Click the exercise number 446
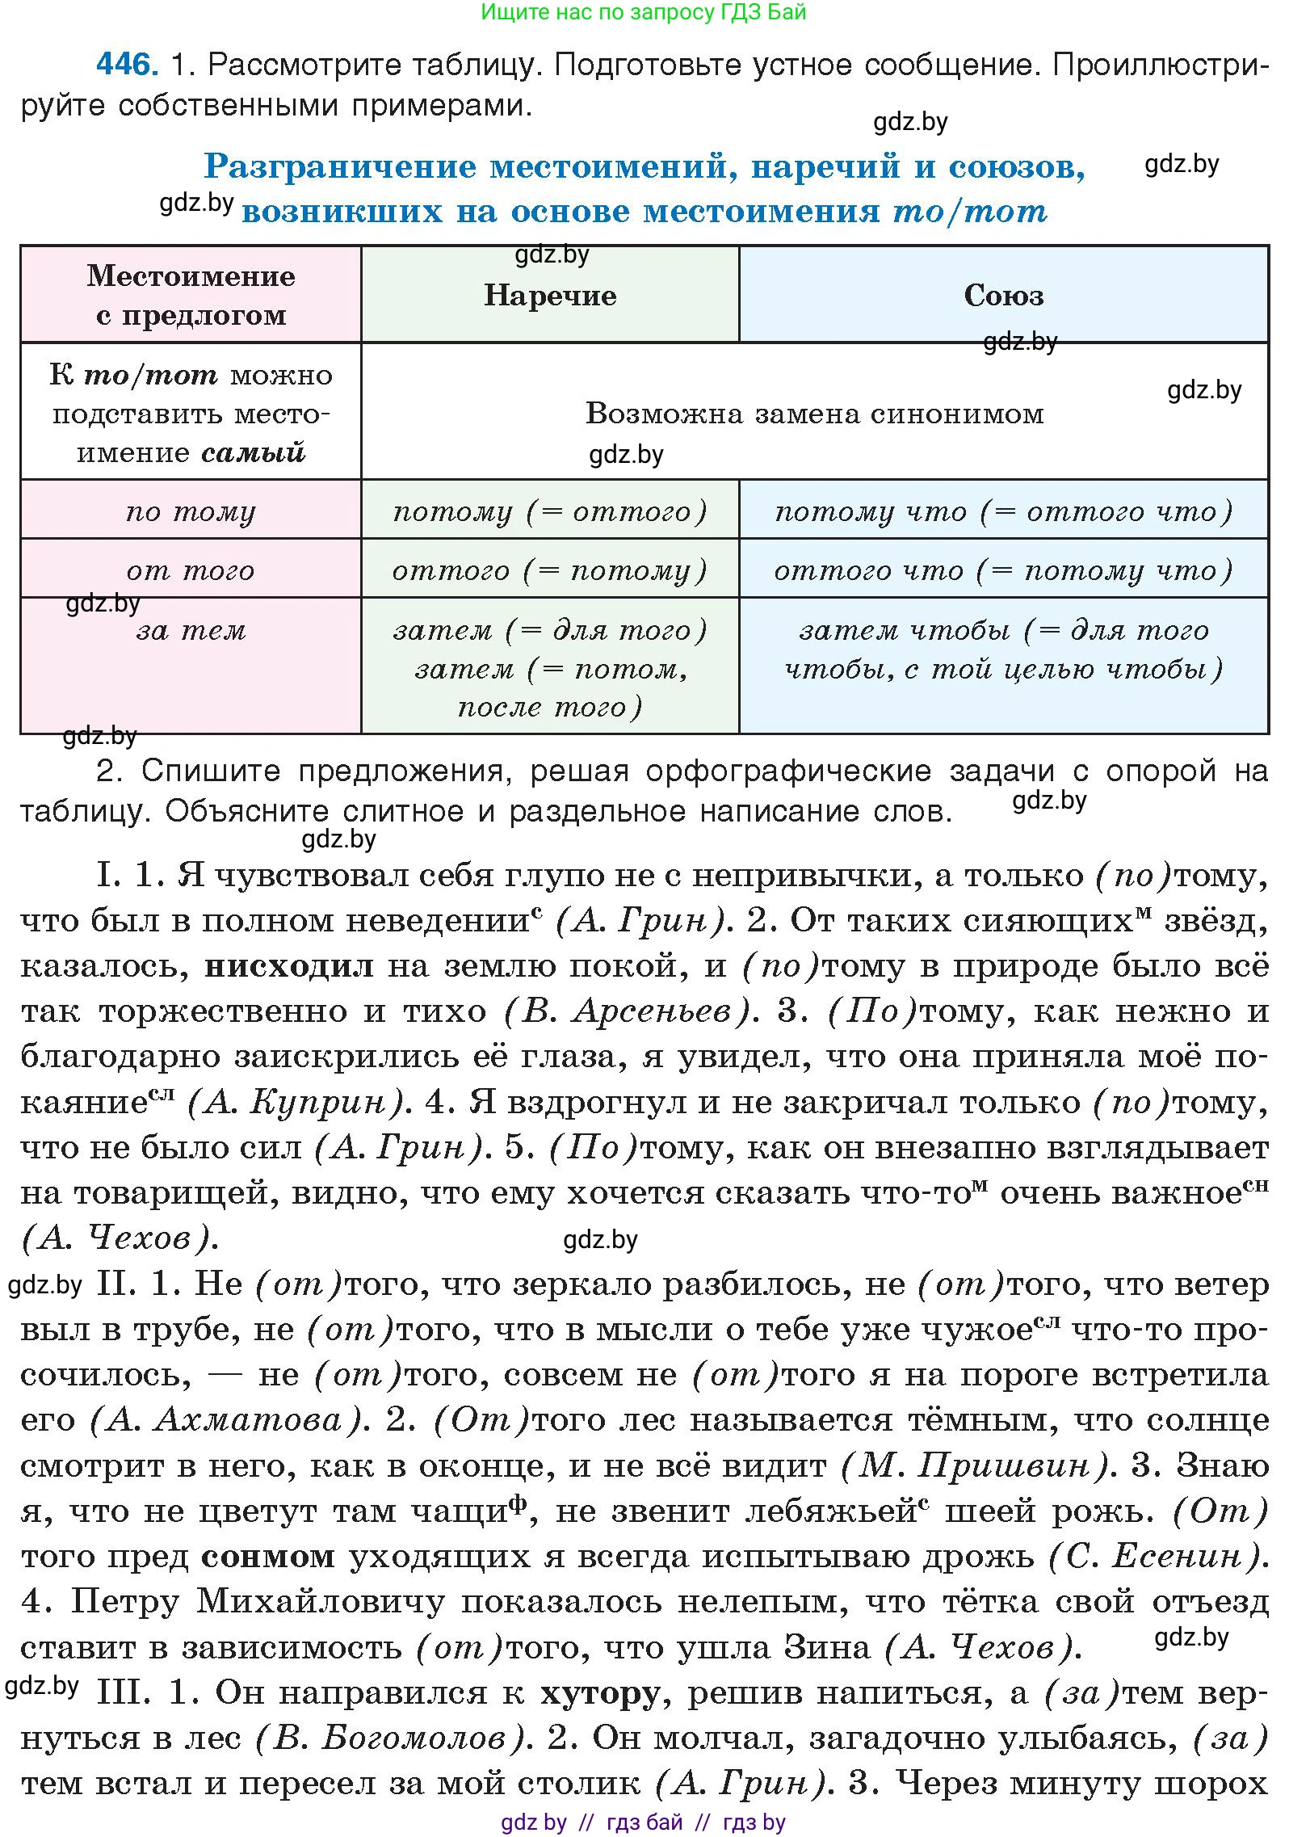(126, 65)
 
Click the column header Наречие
(550, 296)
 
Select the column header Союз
(1004, 296)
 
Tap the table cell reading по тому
(191, 511)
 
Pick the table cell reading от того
(191, 571)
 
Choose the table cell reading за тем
(191, 631)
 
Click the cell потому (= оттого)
(550, 511)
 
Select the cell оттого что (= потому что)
(1004, 571)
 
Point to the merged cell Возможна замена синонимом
(814, 414)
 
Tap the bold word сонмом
(268, 1557)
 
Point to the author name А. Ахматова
(227, 1420)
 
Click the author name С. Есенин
(1154, 1557)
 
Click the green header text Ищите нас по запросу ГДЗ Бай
(644, 12)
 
